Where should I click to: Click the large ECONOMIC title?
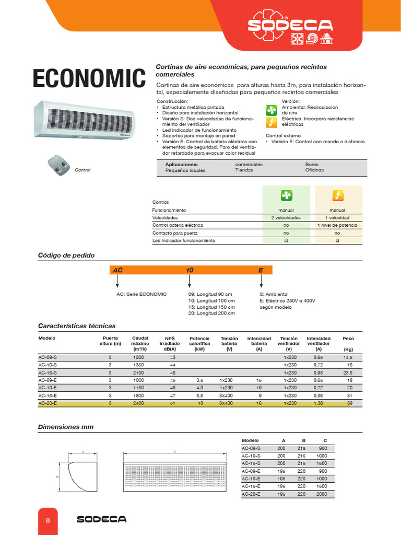pyautogui.click(x=89, y=79)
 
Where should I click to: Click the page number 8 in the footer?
pyautogui.click(x=48, y=520)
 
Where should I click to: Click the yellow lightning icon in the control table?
pyautogui.click(x=338, y=195)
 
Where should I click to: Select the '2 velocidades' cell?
pyautogui.click(x=286, y=217)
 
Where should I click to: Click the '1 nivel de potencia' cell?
pyautogui.click(x=337, y=225)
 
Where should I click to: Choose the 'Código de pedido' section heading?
pyautogui.click(x=66, y=255)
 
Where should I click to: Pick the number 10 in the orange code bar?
pyautogui.click(x=190, y=270)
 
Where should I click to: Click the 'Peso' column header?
pyautogui.click(x=348, y=339)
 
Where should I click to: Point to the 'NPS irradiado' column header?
pyautogui.click(x=170, y=344)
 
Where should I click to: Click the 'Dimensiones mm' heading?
pyautogui.click(x=66, y=427)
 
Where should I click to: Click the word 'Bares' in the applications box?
pyautogui.click(x=312, y=164)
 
